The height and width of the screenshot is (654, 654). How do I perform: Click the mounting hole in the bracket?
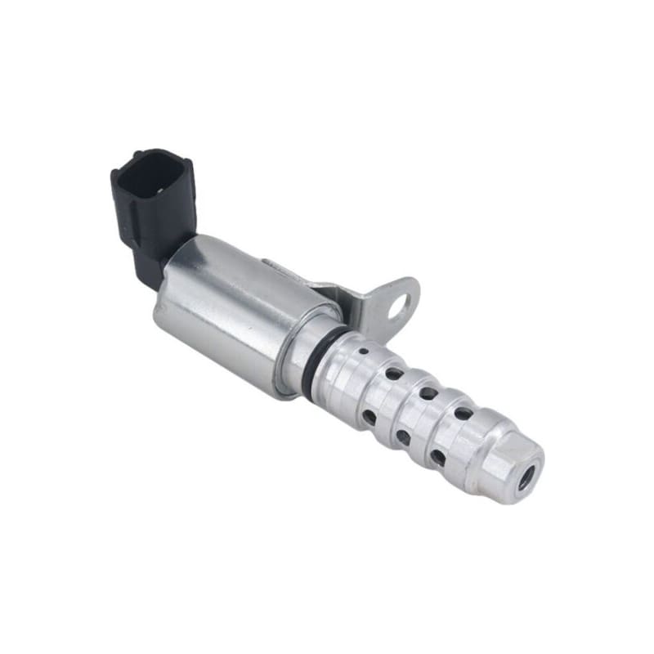click(398, 307)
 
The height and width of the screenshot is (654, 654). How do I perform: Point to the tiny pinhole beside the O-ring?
click(362, 352)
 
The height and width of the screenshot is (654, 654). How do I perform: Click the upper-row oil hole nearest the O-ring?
click(393, 374)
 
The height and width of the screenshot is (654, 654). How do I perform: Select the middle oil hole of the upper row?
click(428, 393)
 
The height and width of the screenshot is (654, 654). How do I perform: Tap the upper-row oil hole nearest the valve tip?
click(462, 413)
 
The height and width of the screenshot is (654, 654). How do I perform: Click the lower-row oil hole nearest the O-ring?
click(370, 417)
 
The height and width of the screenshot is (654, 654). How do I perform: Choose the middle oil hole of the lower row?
click(403, 437)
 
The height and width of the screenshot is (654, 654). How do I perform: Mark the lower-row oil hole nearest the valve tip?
click(437, 456)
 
